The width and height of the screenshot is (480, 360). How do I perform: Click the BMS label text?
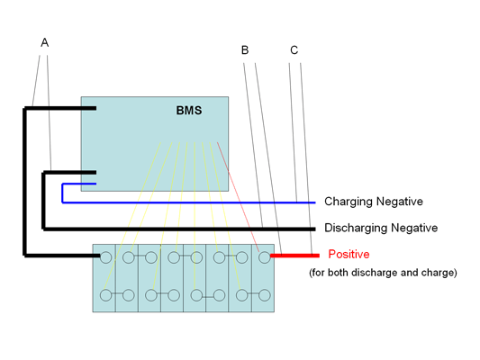click(189, 111)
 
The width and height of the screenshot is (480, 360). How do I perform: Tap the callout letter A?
click(45, 42)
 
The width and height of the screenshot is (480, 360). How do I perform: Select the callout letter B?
click(245, 49)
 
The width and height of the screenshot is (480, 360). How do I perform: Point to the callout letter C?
click(294, 49)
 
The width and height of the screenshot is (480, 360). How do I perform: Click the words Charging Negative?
click(374, 202)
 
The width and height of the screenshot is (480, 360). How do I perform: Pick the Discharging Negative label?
click(381, 228)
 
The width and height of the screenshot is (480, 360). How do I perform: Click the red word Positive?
click(349, 254)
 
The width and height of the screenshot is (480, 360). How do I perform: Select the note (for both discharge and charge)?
click(383, 273)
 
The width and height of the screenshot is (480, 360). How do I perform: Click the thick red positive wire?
click(294, 256)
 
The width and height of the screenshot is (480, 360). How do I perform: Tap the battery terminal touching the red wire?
click(265, 257)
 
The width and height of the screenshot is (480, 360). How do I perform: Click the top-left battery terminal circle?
click(106, 257)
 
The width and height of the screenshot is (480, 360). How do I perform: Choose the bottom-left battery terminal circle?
click(106, 295)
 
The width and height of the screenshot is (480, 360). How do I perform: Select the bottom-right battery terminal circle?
click(265, 295)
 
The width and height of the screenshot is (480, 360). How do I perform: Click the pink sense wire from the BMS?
click(238, 197)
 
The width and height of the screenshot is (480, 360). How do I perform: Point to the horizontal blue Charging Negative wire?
click(189, 202)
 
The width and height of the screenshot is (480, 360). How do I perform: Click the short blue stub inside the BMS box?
click(79, 184)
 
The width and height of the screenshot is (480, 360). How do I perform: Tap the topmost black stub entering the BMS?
click(60, 108)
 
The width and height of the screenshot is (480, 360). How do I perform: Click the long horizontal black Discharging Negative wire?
click(179, 229)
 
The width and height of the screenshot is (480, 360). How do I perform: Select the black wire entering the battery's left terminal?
click(62, 256)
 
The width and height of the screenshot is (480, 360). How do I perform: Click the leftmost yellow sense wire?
click(132, 216)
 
